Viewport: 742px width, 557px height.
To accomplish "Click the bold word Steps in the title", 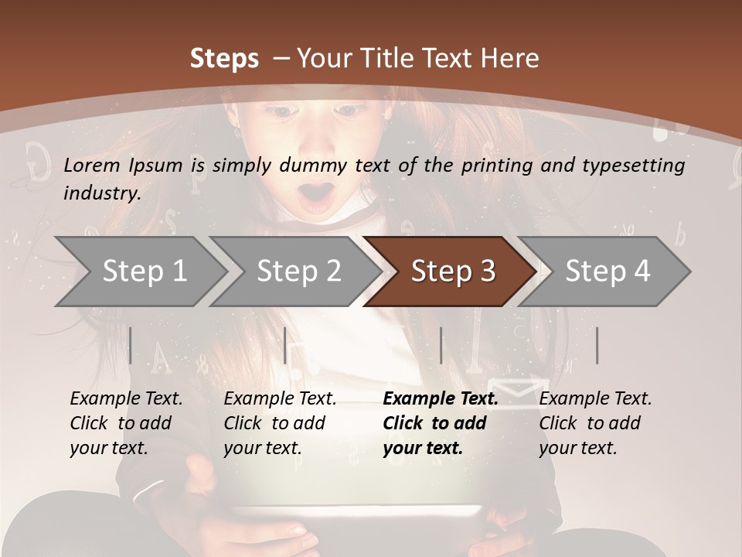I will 224,58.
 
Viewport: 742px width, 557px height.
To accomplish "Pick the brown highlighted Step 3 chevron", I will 453,272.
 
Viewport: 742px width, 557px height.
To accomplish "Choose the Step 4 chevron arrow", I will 608,272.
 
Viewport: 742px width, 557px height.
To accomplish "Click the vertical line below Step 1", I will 130,345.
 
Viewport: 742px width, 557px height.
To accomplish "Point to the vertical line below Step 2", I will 286,345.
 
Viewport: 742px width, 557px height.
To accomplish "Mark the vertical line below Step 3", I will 441,345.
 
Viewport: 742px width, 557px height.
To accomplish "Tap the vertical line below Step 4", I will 597,345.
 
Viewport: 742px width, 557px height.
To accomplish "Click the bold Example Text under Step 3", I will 441,399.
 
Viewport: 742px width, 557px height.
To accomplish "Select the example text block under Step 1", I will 126,423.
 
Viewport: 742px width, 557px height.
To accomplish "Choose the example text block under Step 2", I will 280,423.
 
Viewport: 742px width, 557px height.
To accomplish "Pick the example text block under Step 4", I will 595,423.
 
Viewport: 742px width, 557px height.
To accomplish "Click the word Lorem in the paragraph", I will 92,165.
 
